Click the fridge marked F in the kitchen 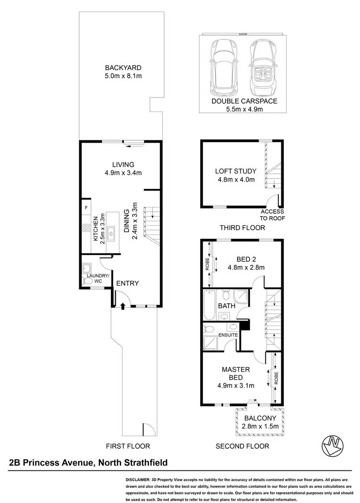(86, 208)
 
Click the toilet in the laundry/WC (87, 281)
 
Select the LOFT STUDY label (235, 171)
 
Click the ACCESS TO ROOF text (272, 215)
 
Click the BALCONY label (260, 418)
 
